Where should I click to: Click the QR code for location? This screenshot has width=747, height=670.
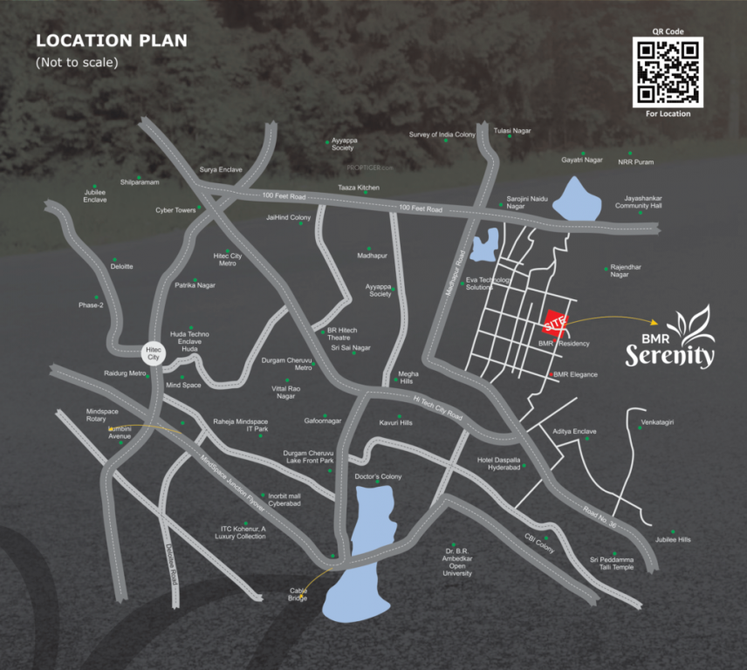pos(668,72)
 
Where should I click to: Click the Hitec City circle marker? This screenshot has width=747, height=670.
pos(154,352)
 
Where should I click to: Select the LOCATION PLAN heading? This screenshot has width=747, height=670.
pos(111,41)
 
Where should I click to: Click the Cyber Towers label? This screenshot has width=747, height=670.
pos(175,210)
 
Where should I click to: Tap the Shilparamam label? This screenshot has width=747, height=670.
pos(139,181)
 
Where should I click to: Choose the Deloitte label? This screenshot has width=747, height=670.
pos(122,266)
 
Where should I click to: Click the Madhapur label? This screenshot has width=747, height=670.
pos(372,256)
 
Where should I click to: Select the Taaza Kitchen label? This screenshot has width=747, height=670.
pos(359,188)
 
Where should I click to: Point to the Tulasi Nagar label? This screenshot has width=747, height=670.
pos(512,131)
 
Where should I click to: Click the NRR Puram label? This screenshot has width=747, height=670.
pos(635,162)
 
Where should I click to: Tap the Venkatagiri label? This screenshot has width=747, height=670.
pos(657,422)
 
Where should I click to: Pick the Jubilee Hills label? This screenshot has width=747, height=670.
pos(673,540)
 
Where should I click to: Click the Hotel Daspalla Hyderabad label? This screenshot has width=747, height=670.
pos(498,463)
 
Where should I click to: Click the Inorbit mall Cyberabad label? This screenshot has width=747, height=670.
pos(284,500)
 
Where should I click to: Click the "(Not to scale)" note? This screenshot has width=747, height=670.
pos(77,62)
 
